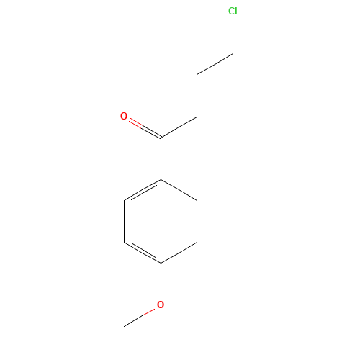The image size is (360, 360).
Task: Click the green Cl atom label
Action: [233, 11]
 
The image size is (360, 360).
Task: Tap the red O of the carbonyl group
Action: [124, 116]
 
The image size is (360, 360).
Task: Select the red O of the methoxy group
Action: [161, 305]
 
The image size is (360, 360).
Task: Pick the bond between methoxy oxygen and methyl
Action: [140, 318]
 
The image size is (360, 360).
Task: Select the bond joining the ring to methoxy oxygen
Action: [161, 282]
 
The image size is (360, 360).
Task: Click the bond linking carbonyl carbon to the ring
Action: [161, 158]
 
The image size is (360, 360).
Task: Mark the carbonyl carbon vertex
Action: [161, 138]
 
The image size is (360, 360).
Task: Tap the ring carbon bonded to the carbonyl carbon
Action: [161, 179]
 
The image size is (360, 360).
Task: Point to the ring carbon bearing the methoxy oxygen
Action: [161, 263]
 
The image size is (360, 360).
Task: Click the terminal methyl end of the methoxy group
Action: [124, 327]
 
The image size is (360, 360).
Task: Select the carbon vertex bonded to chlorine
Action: [233, 53]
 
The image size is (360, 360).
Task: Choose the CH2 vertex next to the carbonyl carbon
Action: [197, 117]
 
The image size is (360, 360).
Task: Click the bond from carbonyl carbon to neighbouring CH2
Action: [179, 127]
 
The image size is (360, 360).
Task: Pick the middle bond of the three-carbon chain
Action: [197, 96]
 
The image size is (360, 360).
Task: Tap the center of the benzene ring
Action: [161, 221]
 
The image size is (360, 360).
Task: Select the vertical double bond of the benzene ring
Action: [196, 221]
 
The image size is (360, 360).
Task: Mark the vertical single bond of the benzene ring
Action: [124, 221]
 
